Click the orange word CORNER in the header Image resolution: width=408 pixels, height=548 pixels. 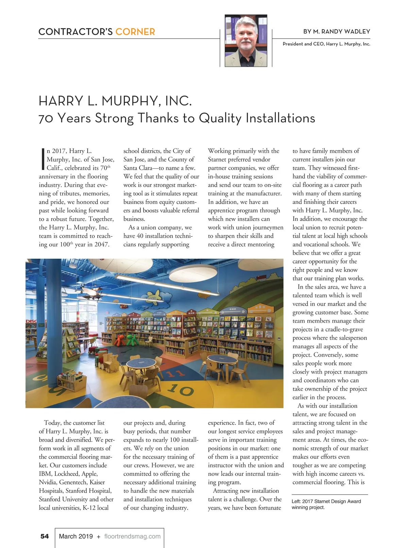coord(135,32)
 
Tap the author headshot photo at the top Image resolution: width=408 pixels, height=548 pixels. coord(246,41)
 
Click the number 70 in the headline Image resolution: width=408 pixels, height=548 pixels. coord(46,118)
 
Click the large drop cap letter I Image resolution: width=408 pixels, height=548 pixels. coord(43,159)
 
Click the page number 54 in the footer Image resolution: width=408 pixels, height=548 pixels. coord(45,536)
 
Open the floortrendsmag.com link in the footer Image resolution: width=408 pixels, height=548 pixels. coord(132,536)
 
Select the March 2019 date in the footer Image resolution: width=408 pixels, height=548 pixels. coord(76,536)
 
